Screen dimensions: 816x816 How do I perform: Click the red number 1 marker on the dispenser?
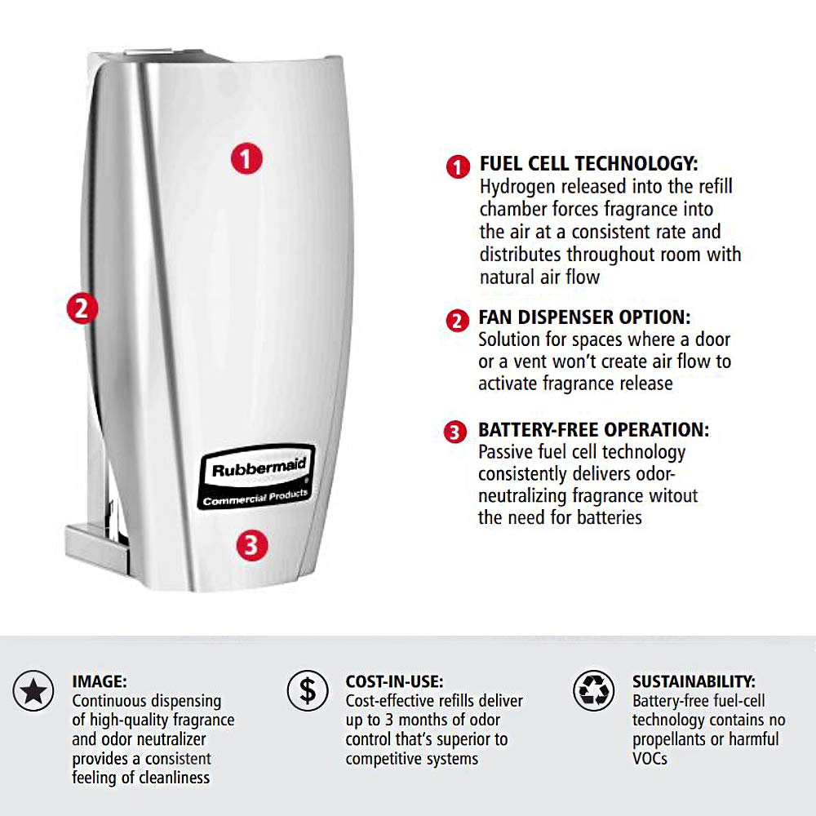click(246, 157)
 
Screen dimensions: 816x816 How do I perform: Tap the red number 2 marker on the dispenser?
click(82, 308)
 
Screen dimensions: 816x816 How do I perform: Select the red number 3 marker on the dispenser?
click(251, 544)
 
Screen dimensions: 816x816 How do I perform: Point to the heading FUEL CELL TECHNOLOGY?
click(588, 164)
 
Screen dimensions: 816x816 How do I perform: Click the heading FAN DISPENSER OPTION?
click(584, 317)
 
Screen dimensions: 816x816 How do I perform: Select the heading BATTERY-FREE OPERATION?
click(593, 430)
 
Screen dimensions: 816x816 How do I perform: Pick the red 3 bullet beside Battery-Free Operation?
click(455, 432)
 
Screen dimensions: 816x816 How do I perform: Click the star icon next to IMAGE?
click(33, 692)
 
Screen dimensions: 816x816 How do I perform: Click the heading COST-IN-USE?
click(394, 681)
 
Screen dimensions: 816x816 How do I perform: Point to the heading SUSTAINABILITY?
click(694, 681)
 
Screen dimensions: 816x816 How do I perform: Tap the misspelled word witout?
click(673, 495)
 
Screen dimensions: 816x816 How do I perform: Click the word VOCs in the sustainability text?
click(650, 759)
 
